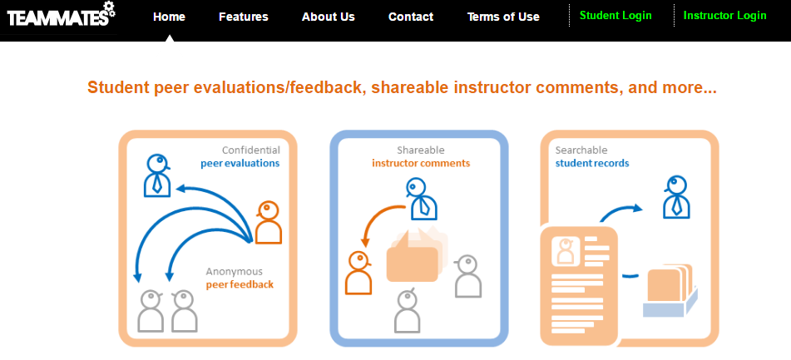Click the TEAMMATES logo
[61, 15]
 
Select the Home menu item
[169, 17]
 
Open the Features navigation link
[244, 17]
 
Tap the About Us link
[329, 17]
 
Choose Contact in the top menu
[411, 17]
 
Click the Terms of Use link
[503, 17]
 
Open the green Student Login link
[615, 16]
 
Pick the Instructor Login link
[725, 16]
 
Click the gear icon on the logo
[109, 9]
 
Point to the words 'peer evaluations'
[240, 163]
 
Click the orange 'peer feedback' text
[240, 284]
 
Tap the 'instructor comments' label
[421, 163]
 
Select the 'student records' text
[592, 163]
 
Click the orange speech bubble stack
[416, 255]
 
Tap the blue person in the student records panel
[676, 197]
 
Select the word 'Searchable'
[581, 150]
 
